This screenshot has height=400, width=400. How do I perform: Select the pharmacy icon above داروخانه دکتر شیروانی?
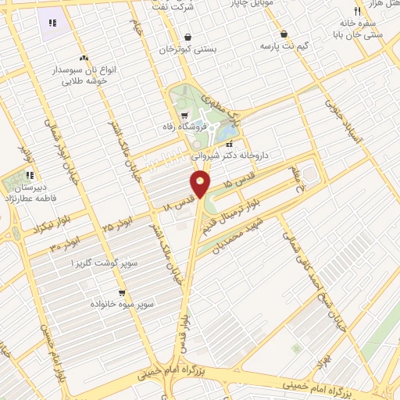(x=230, y=144)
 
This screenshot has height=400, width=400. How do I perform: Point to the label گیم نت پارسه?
(x=286, y=47)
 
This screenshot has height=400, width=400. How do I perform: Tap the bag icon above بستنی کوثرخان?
(x=187, y=37)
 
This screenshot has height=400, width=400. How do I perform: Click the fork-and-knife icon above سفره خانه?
(x=356, y=11)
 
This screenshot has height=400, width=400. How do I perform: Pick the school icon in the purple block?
(x=53, y=23)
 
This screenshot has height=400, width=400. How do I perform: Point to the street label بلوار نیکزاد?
(x=30, y=229)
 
